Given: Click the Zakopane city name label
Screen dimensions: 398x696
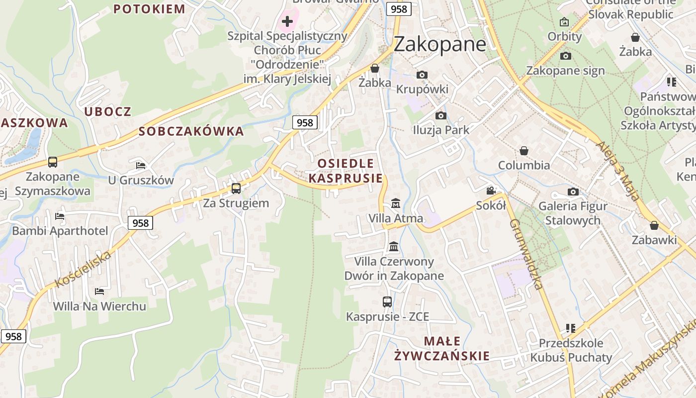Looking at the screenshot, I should point(439,44).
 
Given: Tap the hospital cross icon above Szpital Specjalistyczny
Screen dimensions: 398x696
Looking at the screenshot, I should point(287,21).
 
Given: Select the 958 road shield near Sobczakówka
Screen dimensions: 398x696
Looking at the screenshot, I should point(304,122).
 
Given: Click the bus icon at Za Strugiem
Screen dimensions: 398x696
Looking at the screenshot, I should point(236,189).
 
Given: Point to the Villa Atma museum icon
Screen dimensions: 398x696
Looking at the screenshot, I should point(396,203).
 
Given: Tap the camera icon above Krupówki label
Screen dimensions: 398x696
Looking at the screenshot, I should point(422,75).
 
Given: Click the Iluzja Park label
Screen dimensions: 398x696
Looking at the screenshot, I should point(441,130).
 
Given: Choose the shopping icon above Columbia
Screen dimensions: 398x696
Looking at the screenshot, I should point(523,151).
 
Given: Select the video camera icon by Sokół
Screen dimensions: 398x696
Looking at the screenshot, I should point(491,191).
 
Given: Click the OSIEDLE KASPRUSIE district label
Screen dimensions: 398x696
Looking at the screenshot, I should point(346,171).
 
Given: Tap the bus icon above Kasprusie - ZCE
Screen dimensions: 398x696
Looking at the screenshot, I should point(387,302).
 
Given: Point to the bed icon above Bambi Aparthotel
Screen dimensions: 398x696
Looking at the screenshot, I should point(60,216).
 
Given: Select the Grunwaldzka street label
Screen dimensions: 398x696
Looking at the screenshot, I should point(525,254).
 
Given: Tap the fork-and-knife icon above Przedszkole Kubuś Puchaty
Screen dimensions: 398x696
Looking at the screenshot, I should point(571,328).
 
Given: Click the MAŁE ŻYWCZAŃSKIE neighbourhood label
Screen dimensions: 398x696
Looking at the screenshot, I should point(442,348).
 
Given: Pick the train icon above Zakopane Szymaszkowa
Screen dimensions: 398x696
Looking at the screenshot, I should point(53,162).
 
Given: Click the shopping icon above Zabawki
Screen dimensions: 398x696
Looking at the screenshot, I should point(654,225).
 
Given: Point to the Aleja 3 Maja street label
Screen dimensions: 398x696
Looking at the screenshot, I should point(617,171).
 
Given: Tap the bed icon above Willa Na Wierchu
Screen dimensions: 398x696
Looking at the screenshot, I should point(99,291).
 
